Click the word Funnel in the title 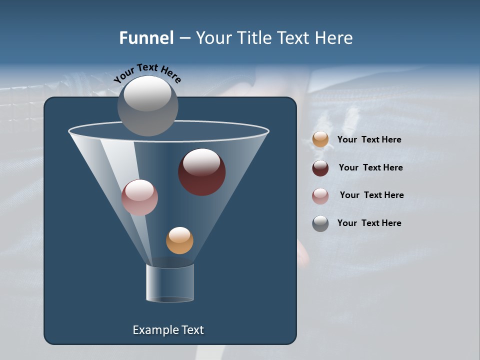(x=146, y=38)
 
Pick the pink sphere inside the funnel (x=139, y=198)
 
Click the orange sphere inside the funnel (x=179, y=241)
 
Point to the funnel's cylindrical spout (x=169, y=283)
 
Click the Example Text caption (x=168, y=330)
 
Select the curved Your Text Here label (x=147, y=73)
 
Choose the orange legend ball (x=320, y=139)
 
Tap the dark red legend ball (x=320, y=168)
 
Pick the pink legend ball (x=320, y=196)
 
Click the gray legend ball (x=320, y=223)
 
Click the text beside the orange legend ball (x=369, y=139)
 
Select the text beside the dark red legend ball (x=370, y=167)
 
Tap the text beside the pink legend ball (x=371, y=195)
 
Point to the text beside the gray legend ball (x=369, y=223)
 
